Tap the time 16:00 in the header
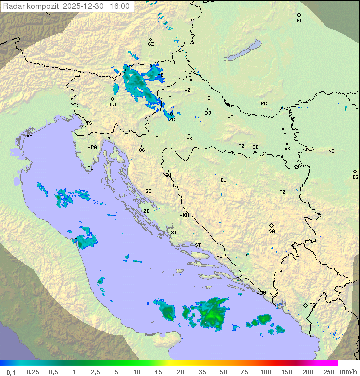click(x=120, y=6)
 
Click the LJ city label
click(x=113, y=105)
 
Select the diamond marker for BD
click(x=299, y=15)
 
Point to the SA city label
click(x=272, y=231)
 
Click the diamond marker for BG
click(x=355, y=171)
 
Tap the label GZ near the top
click(x=151, y=44)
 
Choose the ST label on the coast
click(x=198, y=245)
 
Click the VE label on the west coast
click(x=29, y=136)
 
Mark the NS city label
click(x=331, y=151)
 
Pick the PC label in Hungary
click(x=264, y=104)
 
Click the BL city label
click(x=223, y=180)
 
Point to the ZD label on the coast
click(x=146, y=211)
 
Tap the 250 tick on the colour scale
click(x=329, y=372)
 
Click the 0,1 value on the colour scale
click(x=11, y=372)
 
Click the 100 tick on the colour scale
click(x=266, y=372)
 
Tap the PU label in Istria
click(x=90, y=168)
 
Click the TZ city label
click(x=283, y=192)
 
